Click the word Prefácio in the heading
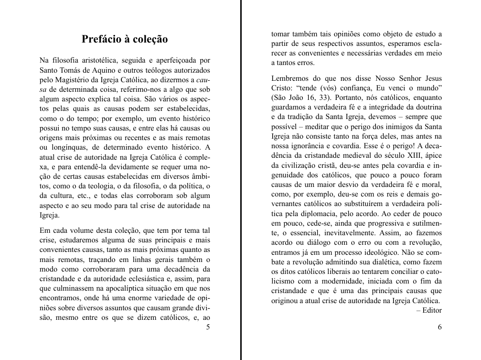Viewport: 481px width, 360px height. click(x=101, y=39)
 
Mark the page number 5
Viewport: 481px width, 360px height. click(x=207, y=327)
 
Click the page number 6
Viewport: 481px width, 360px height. click(x=439, y=327)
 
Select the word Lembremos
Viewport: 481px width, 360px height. click(x=289, y=78)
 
